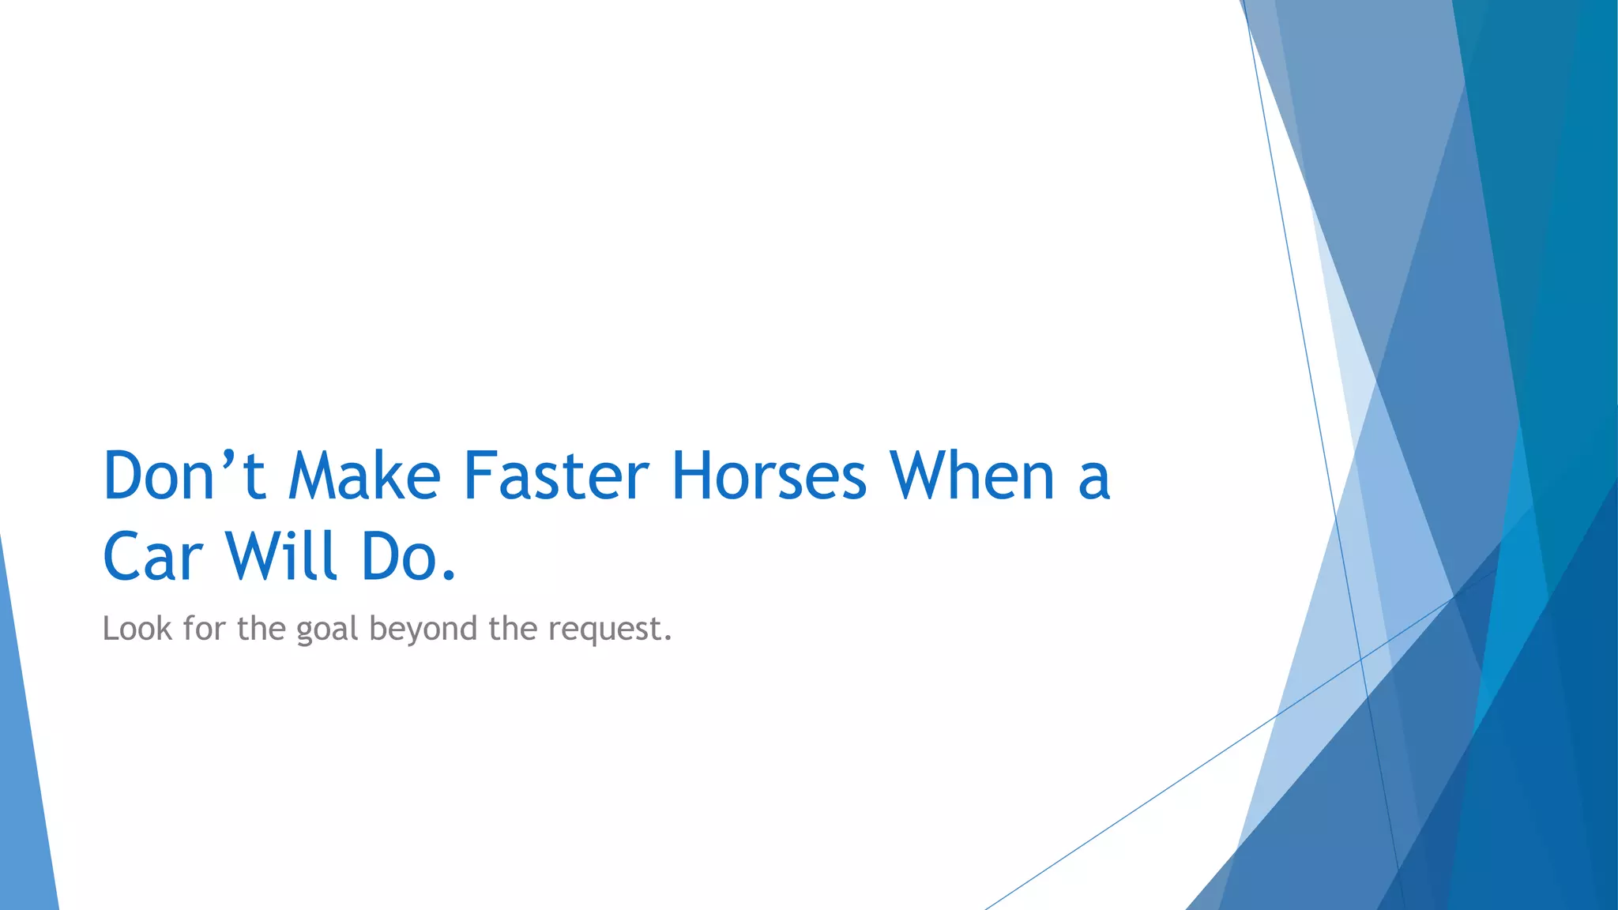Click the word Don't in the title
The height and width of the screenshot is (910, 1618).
click(183, 476)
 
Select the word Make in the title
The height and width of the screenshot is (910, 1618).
click(363, 476)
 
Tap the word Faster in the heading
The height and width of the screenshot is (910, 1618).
click(555, 476)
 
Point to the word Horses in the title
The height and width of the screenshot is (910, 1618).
click(769, 476)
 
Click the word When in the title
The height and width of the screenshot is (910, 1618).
click(972, 476)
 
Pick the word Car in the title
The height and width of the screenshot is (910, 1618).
click(152, 557)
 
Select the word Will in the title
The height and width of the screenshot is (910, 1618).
click(282, 557)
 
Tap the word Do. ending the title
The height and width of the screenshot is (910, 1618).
click(408, 557)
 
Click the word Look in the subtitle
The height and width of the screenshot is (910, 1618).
click(137, 629)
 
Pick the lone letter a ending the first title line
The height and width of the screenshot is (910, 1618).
click(1094, 480)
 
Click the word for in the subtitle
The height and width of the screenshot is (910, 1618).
click(204, 629)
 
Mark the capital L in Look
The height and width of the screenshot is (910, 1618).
click(111, 629)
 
